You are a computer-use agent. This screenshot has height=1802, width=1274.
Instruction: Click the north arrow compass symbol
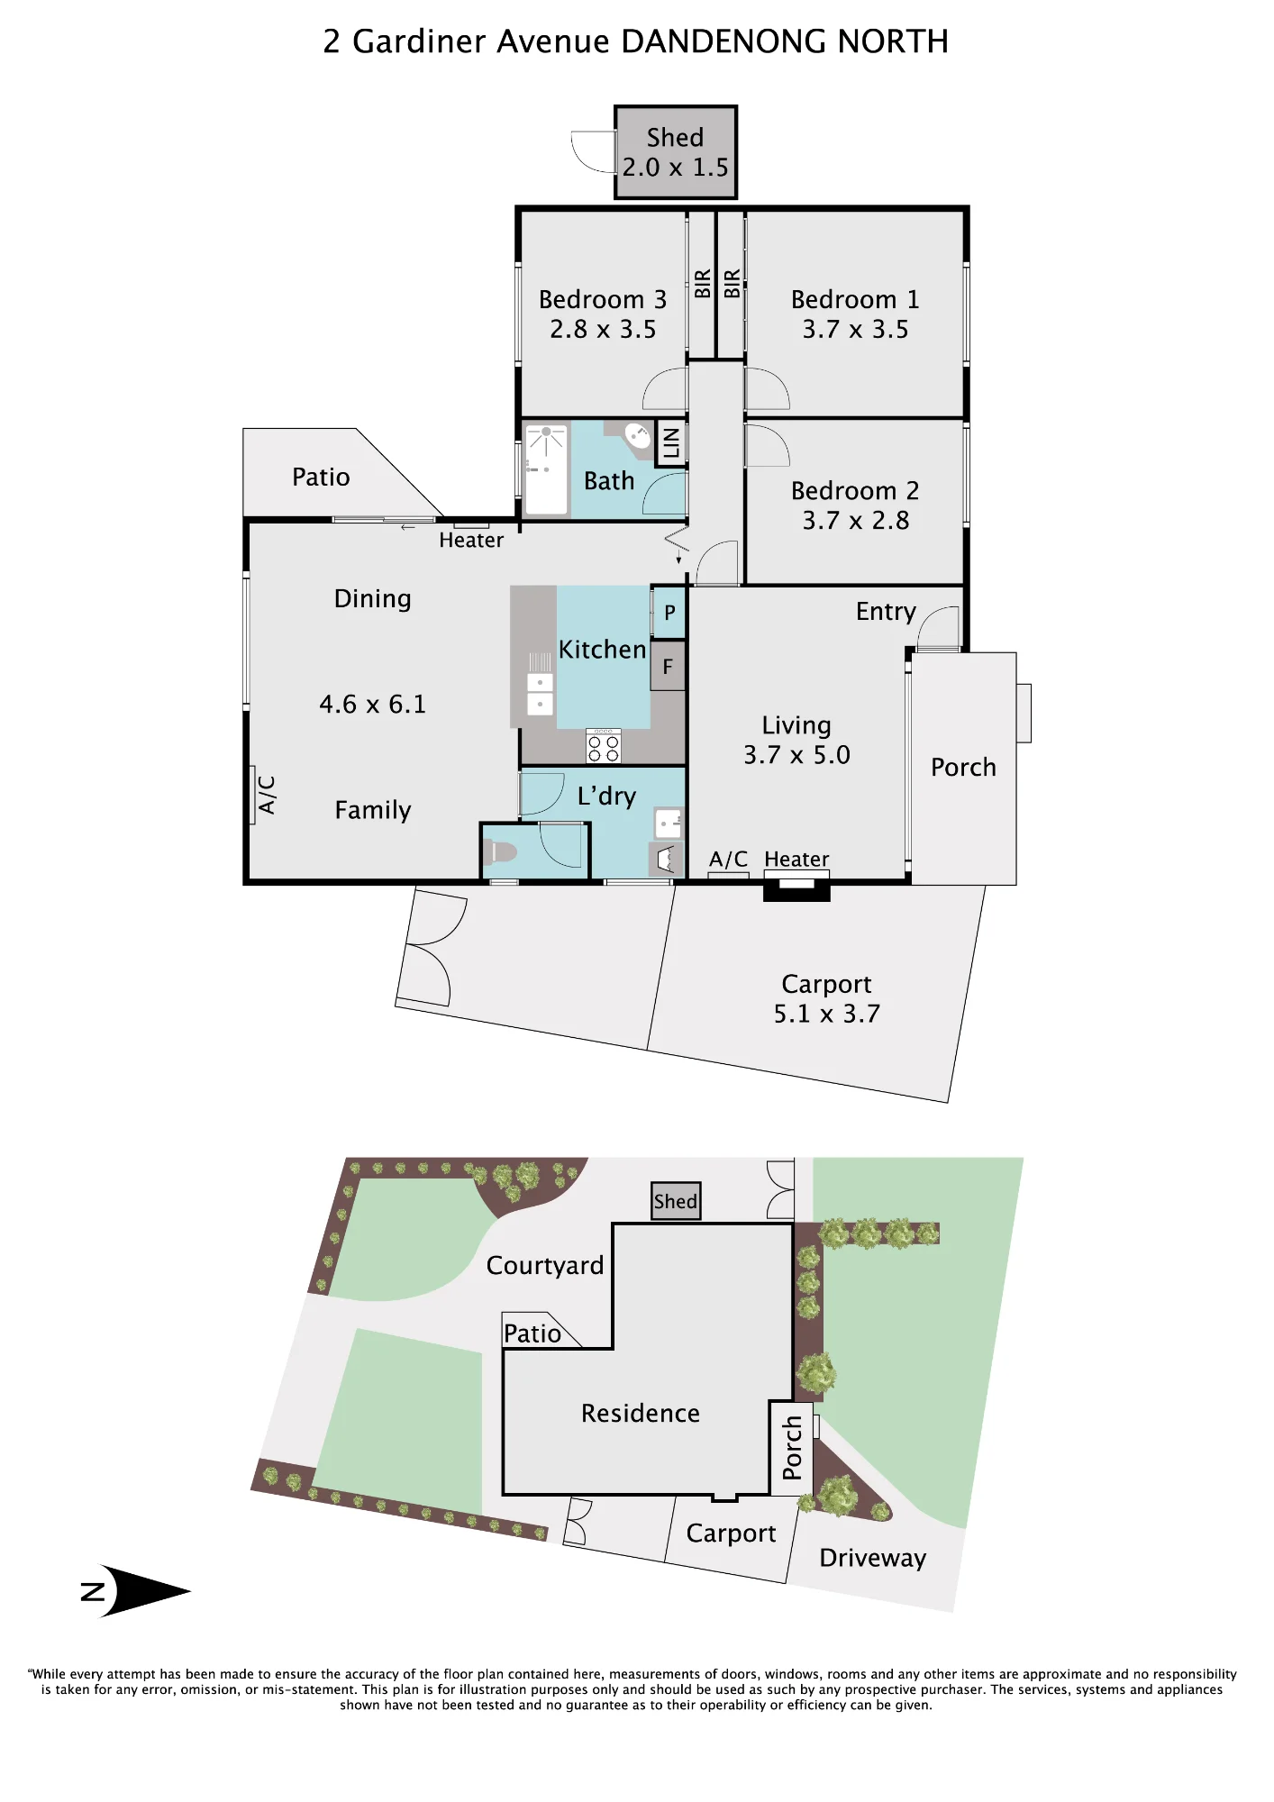135,1591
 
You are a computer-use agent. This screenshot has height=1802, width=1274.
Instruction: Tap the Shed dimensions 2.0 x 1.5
676,168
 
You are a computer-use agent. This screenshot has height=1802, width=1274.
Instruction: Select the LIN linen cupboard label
670,443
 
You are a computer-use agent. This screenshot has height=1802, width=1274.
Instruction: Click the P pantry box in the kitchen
669,613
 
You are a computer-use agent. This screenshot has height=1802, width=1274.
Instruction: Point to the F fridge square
668,667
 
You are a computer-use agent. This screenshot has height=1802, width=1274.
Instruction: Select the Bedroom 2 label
855,491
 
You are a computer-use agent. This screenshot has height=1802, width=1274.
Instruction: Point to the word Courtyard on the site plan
545,1266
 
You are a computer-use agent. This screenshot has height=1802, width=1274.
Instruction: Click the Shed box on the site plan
676,1201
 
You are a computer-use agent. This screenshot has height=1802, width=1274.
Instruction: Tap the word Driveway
873,1559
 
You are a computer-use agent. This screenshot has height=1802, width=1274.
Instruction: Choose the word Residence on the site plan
641,1413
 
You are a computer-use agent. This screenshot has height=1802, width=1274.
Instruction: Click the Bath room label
609,481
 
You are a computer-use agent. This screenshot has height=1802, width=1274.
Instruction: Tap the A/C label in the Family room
267,795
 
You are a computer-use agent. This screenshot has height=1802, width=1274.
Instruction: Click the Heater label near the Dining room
471,540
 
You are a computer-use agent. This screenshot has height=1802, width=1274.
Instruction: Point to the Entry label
886,612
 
